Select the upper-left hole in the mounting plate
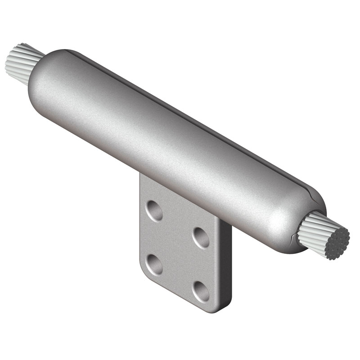pyautogui.click(x=155, y=211)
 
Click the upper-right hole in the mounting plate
pyautogui.click(x=201, y=237)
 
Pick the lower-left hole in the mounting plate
pyautogui.click(x=154, y=264)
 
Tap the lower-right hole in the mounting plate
pyautogui.click(x=201, y=292)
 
